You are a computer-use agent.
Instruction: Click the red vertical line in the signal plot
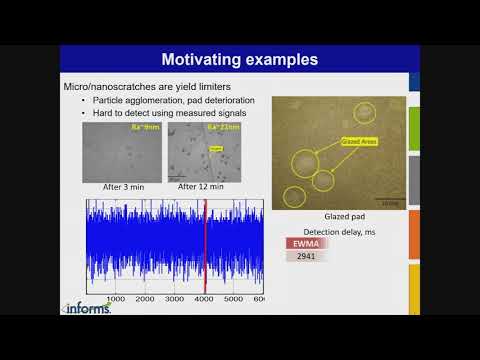[204, 245]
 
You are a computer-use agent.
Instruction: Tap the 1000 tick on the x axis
[115, 298]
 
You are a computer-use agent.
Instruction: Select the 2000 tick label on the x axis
[145, 298]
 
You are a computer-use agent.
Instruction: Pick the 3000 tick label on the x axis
[175, 298]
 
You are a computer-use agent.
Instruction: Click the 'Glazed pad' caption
[341, 216]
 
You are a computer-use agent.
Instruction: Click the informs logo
[87, 307]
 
